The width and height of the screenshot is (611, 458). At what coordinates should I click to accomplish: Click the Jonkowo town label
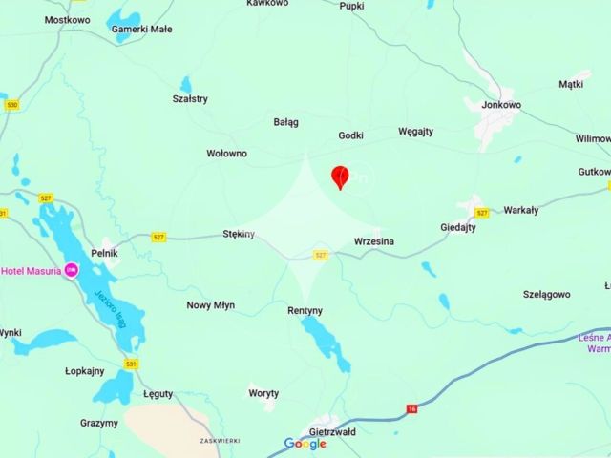[x=502, y=105]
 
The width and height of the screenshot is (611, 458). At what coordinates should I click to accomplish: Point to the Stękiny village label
[x=238, y=234]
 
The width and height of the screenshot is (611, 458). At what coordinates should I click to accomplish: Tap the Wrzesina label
[x=373, y=241]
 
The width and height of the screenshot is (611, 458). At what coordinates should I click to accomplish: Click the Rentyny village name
[x=305, y=311]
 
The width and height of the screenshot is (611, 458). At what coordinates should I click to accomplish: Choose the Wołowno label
[x=226, y=153]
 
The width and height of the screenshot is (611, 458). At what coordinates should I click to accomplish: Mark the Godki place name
[x=350, y=135]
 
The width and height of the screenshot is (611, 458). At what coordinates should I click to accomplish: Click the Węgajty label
[x=415, y=132]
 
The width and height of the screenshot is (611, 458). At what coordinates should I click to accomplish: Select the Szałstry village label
[x=190, y=98]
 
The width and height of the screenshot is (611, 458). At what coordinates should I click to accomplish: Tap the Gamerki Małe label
[x=142, y=29]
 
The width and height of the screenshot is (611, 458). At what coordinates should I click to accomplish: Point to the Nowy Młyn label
[x=210, y=305]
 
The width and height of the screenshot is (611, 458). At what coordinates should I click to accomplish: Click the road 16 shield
[x=411, y=409]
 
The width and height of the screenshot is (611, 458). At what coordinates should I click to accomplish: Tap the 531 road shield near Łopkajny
[x=131, y=364]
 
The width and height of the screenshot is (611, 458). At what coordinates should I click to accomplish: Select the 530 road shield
[x=11, y=105]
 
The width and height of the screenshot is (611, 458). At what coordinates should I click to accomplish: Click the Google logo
[x=305, y=444]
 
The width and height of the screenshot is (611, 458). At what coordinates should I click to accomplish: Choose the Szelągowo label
[x=547, y=295]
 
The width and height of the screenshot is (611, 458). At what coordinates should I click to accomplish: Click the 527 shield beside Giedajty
[x=482, y=213]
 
